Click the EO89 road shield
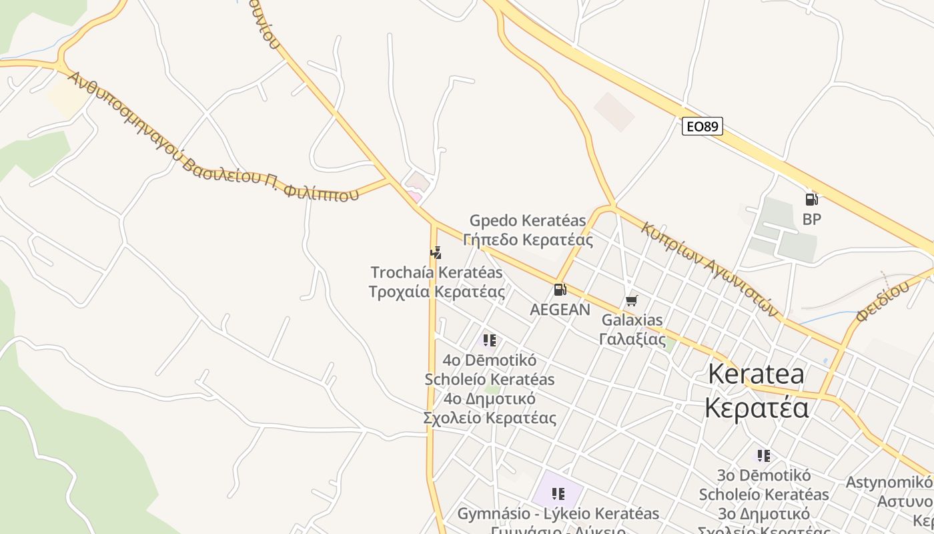(703, 126)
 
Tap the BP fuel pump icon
(811, 199)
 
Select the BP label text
(811, 219)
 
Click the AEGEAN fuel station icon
(560, 290)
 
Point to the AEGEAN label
(560, 310)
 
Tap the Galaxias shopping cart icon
(631, 300)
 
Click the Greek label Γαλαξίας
(632, 339)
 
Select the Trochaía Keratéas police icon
(436, 253)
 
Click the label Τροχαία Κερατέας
(436, 292)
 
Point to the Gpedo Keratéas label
(528, 220)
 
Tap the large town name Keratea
(756, 374)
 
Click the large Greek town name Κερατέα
(757, 407)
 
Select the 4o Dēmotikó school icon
(489, 340)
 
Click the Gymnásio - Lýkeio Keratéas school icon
(558, 494)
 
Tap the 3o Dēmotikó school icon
(763, 456)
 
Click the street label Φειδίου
(882, 301)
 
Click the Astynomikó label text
(889, 482)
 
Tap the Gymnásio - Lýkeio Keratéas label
(558, 513)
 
